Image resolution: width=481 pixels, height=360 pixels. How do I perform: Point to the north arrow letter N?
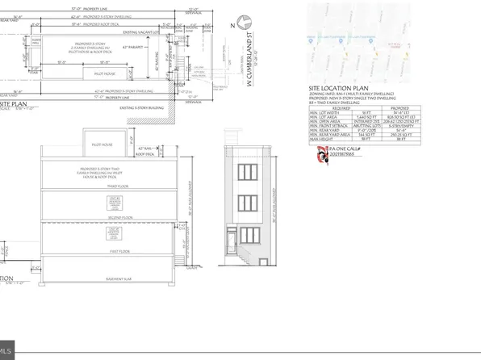coord(229,26)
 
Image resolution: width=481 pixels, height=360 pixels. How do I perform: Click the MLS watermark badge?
coord(10,350)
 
